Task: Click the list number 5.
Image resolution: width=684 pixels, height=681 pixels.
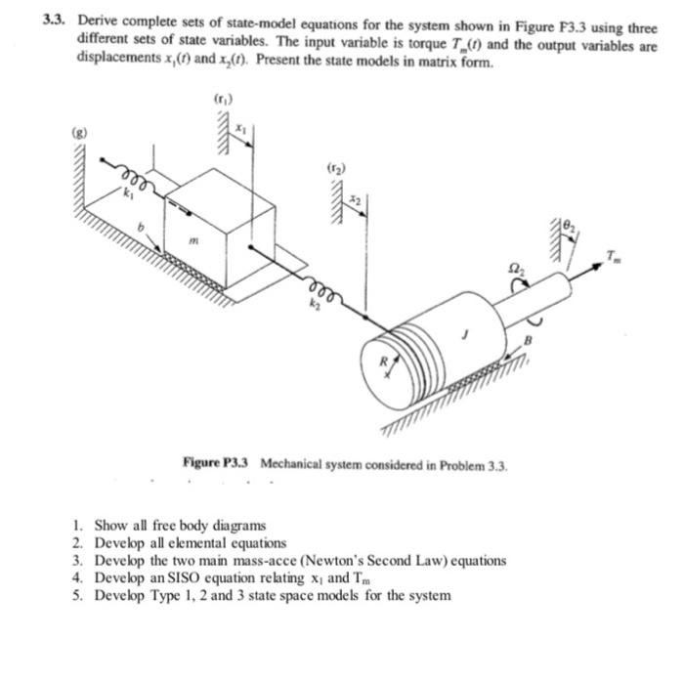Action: tap(79, 595)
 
